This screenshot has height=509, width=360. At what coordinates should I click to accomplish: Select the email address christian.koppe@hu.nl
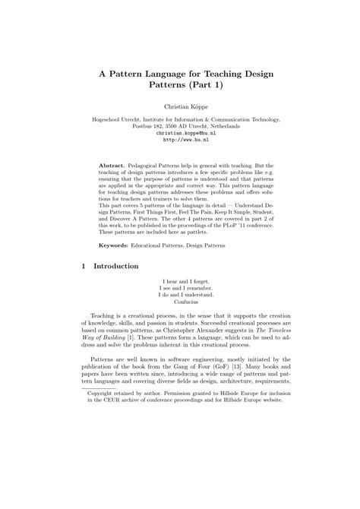pyautogui.click(x=180, y=132)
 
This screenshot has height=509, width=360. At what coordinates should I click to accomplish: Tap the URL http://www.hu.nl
pyautogui.click(x=180, y=139)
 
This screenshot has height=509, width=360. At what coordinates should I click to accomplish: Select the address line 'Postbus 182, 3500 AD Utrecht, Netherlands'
pyautogui.click(x=180, y=125)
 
